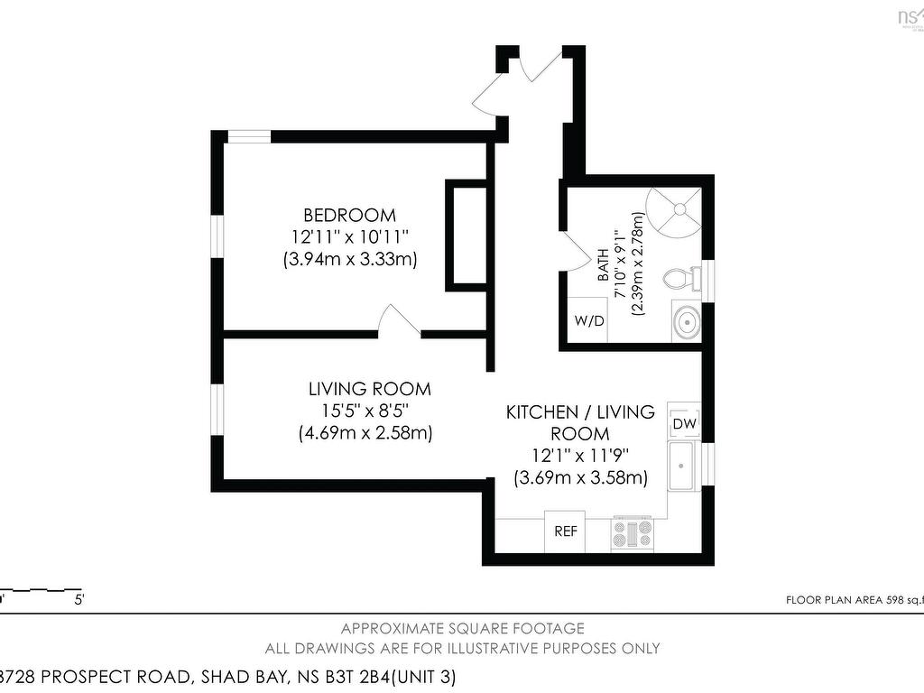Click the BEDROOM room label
pyautogui.click(x=349, y=216)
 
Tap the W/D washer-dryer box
pyautogui.click(x=589, y=320)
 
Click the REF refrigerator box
pyautogui.click(x=566, y=531)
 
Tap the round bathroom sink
pyautogui.click(x=685, y=320)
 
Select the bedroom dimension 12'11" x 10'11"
pyautogui.click(x=349, y=237)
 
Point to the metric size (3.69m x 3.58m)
pyautogui.click(x=580, y=478)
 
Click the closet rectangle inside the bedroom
pyautogui.click(x=467, y=235)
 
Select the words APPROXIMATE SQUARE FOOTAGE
pyautogui.click(x=462, y=628)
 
